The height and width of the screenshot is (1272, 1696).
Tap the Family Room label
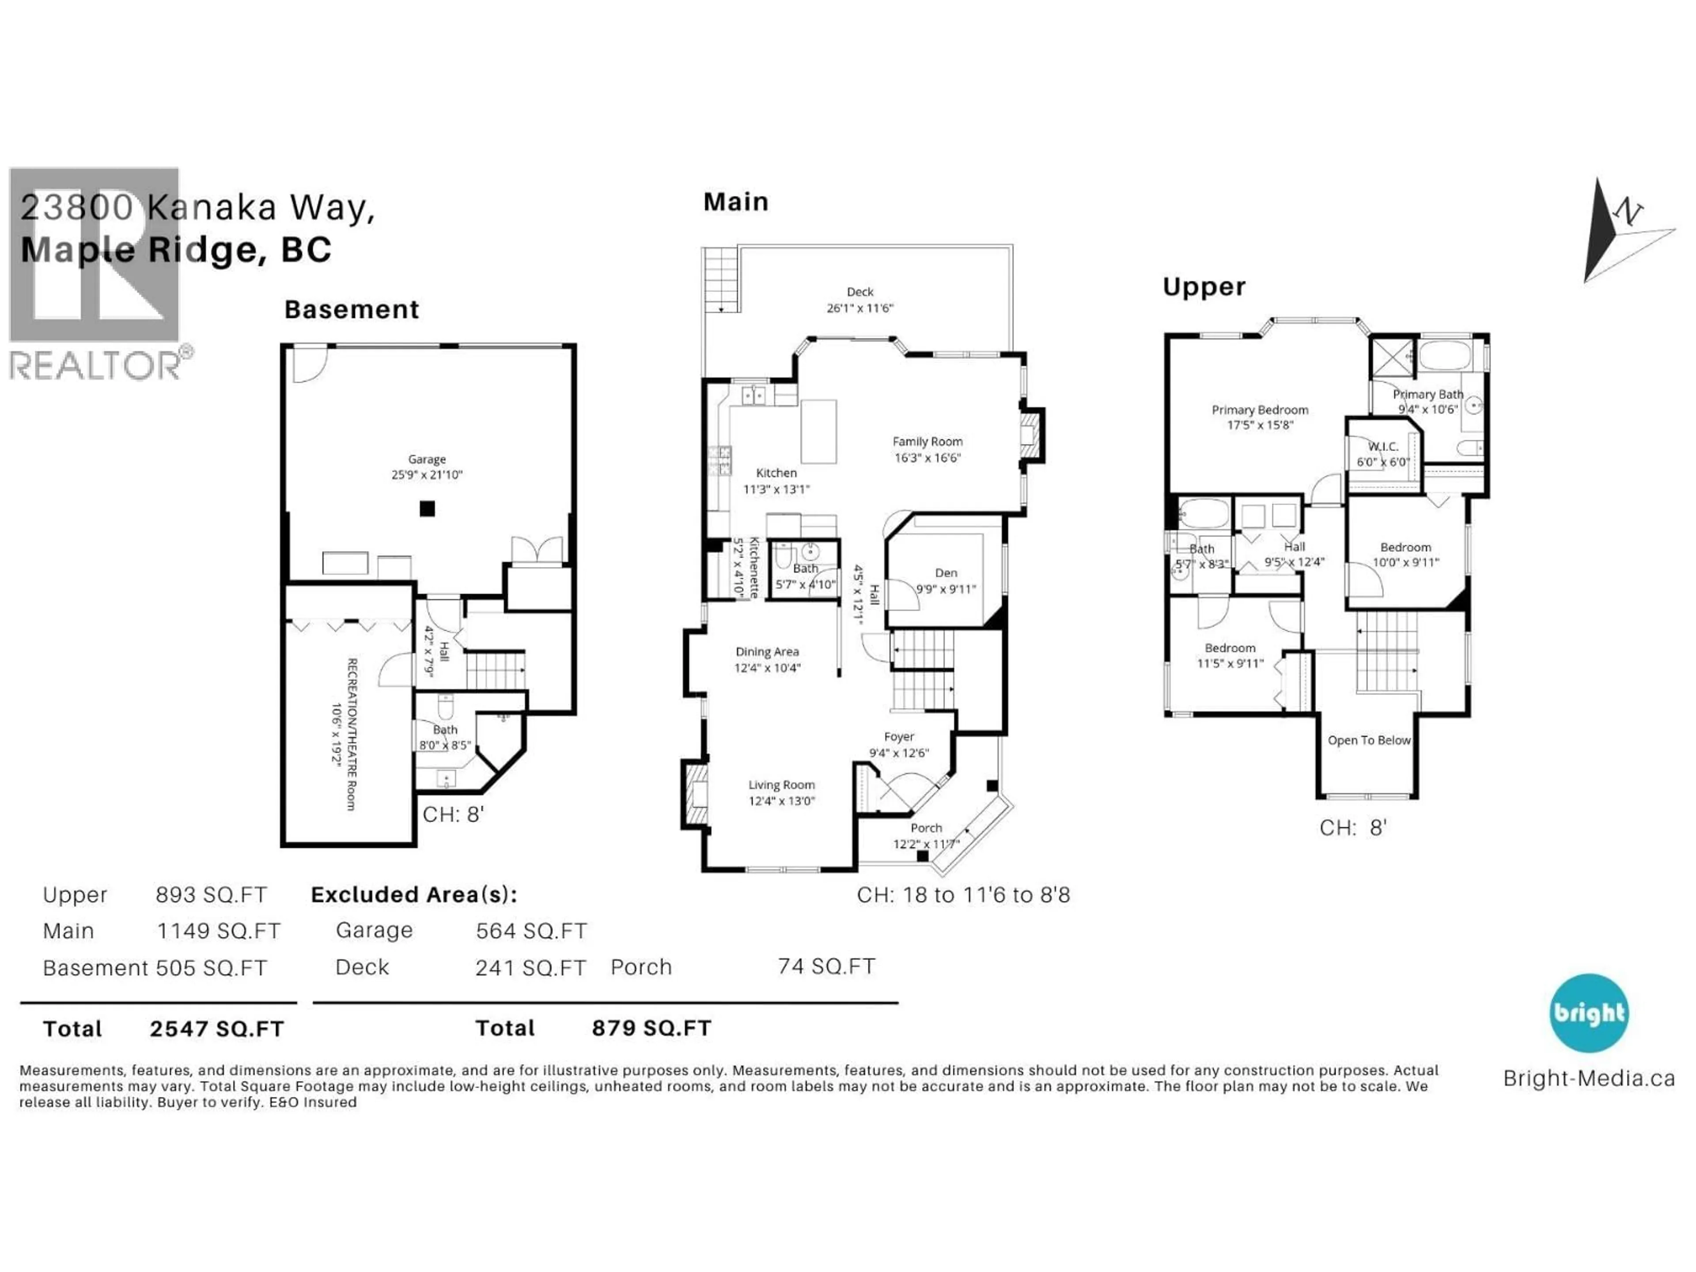click(927, 442)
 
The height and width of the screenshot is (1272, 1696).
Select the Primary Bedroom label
click(1260, 410)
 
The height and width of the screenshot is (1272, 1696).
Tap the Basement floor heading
click(352, 310)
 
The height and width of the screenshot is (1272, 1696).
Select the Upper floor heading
click(1204, 287)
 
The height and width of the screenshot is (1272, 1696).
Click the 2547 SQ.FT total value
click(217, 1029)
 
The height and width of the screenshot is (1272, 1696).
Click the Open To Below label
click(1369, 740)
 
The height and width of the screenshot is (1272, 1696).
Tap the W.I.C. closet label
click(1383, 446)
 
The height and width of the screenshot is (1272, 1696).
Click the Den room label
click(946, 573)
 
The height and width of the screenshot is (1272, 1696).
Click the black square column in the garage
click(427, 508)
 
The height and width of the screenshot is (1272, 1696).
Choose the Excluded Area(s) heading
click(414, 895)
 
